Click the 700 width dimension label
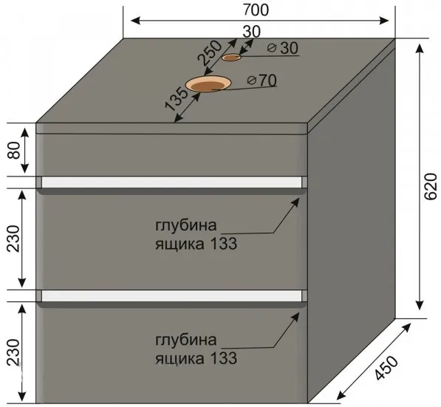coord(256,10)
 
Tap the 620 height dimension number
coord(431,187)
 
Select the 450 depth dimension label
coord(386,368)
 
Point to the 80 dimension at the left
coord(14,150)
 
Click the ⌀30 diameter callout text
coord(283,48)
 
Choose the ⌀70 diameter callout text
coord(261,81)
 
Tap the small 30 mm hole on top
coord(231,58)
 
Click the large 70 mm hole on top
coord(208,83)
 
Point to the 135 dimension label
coord(177,99)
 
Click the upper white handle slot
coord(171,182)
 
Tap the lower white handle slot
coord(171,295)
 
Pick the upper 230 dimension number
coord(14,239)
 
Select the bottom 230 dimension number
coord(14,352)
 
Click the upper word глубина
coord(186,226)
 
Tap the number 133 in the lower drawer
coord(224,358)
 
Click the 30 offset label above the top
coord(251,32)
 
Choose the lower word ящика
coord(180,359)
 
